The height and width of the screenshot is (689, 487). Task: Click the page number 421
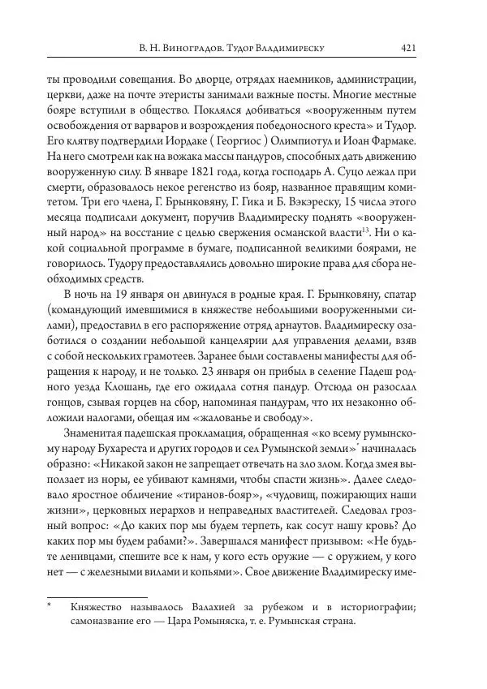408,49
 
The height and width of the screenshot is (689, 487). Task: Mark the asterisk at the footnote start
50,606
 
